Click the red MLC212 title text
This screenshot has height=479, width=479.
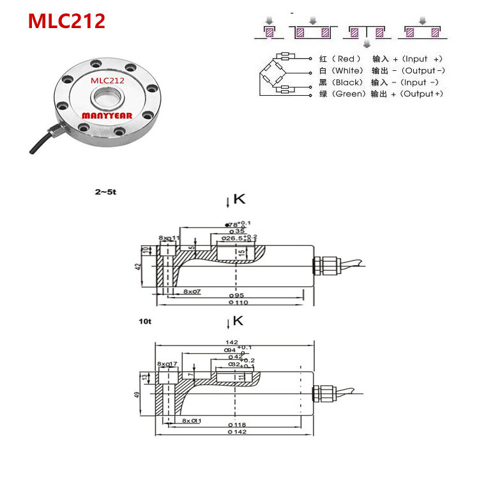click(x=66, y=21)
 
